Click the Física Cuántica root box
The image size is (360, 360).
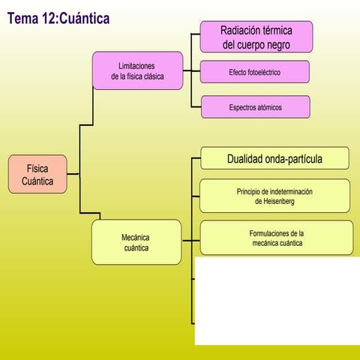point(38,175)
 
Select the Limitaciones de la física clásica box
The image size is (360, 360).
point(137,70)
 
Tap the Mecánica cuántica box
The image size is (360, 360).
point(136,242)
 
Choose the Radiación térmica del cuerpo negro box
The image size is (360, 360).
point(256,37)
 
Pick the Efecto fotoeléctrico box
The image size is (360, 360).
point(255,72)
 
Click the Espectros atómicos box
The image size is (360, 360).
point(255,107)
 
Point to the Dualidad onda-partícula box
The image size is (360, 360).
point(274,159)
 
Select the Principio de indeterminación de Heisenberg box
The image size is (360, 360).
point(274,196)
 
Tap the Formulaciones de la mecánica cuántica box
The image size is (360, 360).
point(276,238)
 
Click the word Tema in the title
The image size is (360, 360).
point(22,18)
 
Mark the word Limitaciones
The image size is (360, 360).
point(137,66)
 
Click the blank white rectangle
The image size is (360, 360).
point(277,300)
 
